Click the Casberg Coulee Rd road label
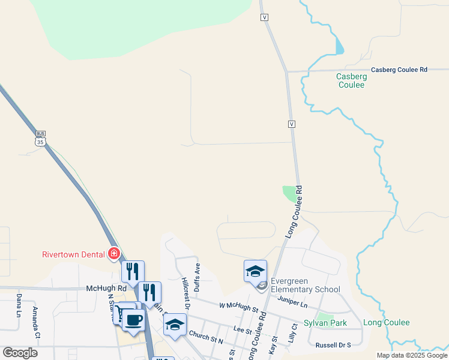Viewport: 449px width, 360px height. tap(399, 70)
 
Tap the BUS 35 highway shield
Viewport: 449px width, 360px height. tap(40, 139)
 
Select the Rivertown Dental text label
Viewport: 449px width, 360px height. tap(73, 254)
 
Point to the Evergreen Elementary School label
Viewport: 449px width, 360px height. tap(305, 285)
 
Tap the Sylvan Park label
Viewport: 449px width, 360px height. tap(325, 323)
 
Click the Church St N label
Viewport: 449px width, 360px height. tap(205, 337)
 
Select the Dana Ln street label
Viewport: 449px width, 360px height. tap(19, 305)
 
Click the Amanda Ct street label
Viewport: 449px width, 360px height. tap(35, 323)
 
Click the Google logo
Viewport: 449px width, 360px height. tap(20, 353)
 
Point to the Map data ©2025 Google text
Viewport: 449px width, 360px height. tap(412, 355)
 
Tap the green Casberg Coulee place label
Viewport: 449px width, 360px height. tap(351, 80)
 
